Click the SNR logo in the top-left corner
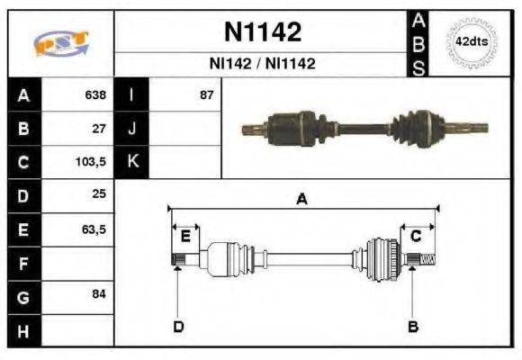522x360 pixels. coord(60,43)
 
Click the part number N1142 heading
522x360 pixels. coord(262,33)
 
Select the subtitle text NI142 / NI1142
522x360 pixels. coord(262,65)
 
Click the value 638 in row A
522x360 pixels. coord(95,94)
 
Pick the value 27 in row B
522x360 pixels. coord(100,129)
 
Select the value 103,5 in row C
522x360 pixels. coord(93,163)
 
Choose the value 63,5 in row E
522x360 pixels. coord(94,230)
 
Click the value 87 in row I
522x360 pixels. coord(207,94)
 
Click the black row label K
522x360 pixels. coord(131,163)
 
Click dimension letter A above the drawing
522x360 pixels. coord(302,200)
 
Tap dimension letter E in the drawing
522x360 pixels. coord(185,237)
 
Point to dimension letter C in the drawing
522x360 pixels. coord(416,237)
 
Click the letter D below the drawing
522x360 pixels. coord(178,326)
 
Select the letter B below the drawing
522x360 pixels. coord(413,326)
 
